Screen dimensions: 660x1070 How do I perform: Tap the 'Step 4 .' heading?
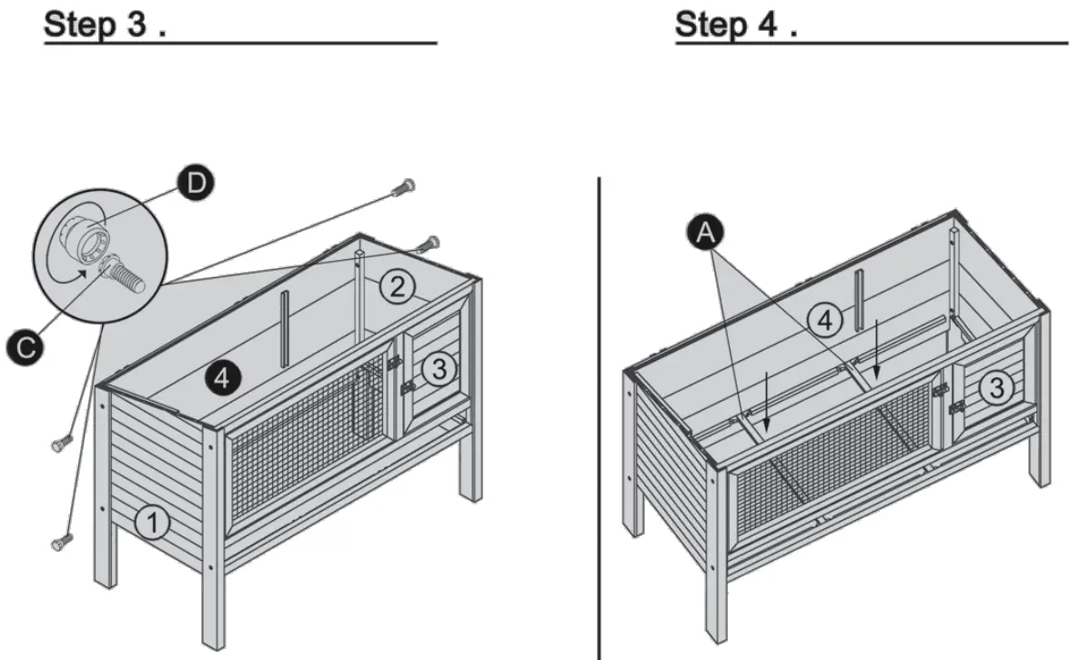coord(737,25)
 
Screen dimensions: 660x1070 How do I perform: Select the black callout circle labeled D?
coord(194,185)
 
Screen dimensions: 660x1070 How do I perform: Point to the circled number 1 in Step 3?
coord(152,523)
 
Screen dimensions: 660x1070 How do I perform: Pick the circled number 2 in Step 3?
coord(397,286)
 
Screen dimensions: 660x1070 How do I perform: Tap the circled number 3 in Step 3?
coord(439,368)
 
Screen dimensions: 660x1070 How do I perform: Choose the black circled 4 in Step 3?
coord(222,375)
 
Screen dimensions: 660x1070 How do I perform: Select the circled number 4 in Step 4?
coord(824,319)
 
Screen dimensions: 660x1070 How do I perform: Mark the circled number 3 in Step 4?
coord(996,388)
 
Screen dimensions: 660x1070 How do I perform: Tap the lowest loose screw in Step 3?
coord(60,542)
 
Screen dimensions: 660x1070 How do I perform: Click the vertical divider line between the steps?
coord(599,418)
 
